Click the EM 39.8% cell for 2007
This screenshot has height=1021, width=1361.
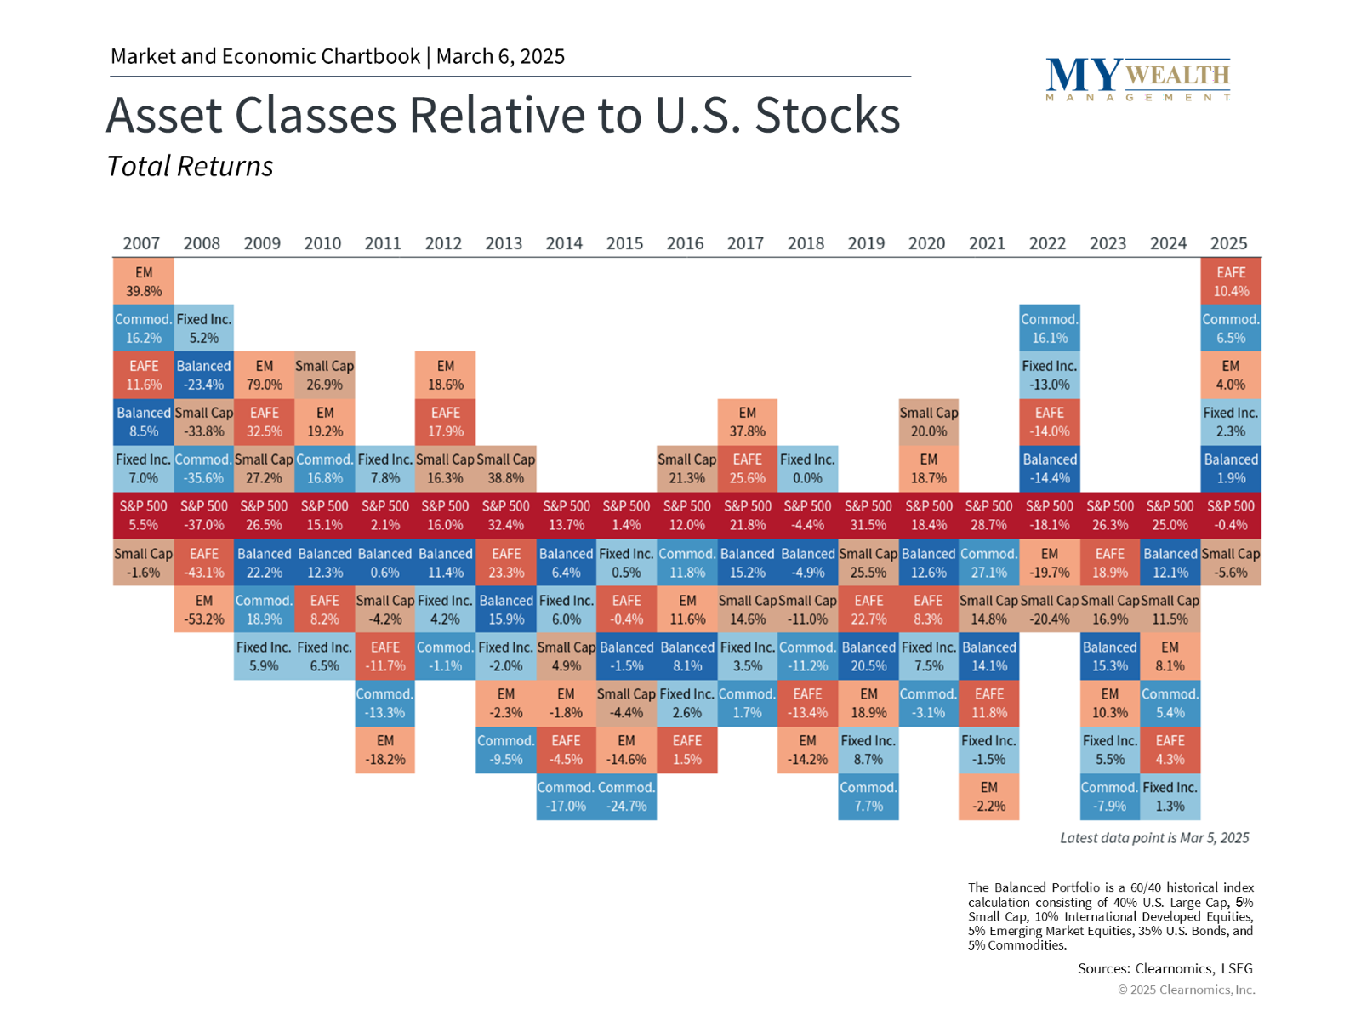143,281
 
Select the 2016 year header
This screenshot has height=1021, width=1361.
685,243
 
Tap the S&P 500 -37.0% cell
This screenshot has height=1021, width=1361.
204,515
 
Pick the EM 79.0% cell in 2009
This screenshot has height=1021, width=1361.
265,374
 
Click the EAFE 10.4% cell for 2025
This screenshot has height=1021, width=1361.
1231,281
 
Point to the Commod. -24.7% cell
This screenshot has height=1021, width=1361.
626,796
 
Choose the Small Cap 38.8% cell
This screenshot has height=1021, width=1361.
506,468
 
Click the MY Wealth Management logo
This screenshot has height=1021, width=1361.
1138,79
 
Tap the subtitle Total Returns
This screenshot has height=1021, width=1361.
190,166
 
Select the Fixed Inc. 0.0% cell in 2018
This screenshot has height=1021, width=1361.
807,468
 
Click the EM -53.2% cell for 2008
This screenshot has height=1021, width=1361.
204,608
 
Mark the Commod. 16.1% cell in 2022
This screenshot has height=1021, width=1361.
1050,328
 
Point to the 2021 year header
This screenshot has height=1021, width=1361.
987,243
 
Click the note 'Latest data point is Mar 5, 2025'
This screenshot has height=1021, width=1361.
1154,838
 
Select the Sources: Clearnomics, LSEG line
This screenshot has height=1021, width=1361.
1165,968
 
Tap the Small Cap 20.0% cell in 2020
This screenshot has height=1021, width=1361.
929,421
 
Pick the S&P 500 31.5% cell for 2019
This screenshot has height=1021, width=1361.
868,515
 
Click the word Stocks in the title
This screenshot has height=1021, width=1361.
827,116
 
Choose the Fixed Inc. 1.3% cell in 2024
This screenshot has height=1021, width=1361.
1170,796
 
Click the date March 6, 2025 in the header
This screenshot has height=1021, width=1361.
500,56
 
